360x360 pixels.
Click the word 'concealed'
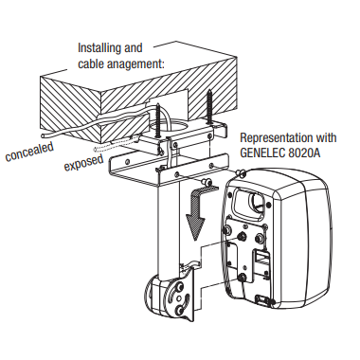(x=29, y=152)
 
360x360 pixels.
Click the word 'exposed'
(x=83, y=163)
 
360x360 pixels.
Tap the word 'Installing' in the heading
(x=99, y=48)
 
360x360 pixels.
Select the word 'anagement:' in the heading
(x=135, y=63)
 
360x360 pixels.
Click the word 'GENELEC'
(x=262, y=153)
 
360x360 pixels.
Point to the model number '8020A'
(x=304, y=153)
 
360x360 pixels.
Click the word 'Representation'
(x=274, y=138)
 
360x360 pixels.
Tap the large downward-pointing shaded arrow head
(x=194, y=225)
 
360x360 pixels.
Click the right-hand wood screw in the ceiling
(x=208, y=107)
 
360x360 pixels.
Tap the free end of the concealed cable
(x=43, y=136)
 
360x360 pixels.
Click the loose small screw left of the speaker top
(x=207, y=181)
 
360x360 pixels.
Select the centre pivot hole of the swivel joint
(x=178, y=297)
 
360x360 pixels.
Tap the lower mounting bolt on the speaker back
(x=243, y=278)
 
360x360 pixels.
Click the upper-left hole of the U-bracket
(x=127, y=162)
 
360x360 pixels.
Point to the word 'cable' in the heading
(x=91, y=64)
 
